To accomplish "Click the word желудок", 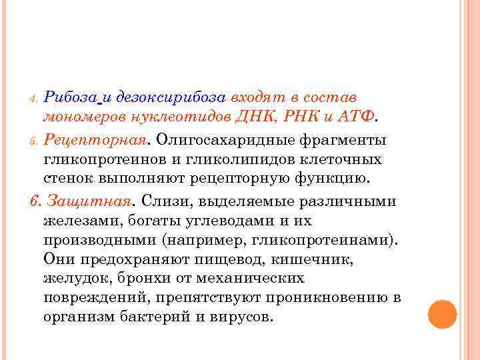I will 73,277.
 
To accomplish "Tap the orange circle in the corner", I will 442,314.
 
